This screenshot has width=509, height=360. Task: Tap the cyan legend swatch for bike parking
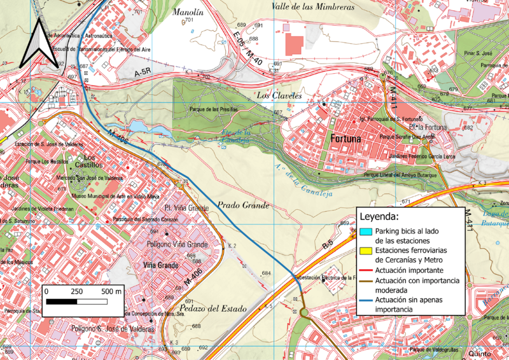(365, 232)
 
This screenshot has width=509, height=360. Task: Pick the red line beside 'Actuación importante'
(365, 270)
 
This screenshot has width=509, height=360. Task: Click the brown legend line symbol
(365, 280)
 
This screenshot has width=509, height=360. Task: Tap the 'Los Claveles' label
(278, 95)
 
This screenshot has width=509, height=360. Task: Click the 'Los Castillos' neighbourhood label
(90, 162)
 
